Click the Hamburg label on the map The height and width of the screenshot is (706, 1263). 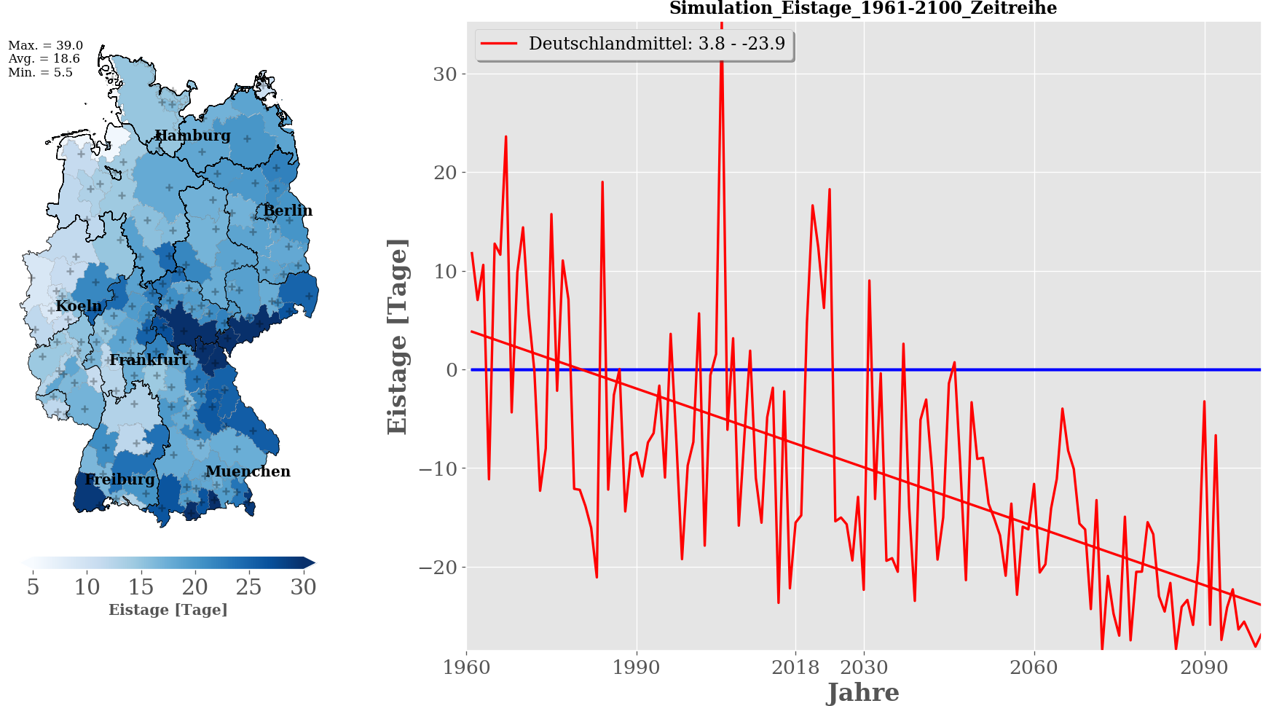click(x=193, y=136)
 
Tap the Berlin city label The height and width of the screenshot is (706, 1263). click(x=288, y=211)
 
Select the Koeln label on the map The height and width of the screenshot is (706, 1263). click(x=79, y=306)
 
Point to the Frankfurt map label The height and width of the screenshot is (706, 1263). click(x=149, y=360)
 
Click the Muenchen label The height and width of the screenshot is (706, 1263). click(x=248, y=471)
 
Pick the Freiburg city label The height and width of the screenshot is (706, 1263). click(x=119, y=479)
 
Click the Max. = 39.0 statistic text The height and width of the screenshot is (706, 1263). click(x=46, y=45)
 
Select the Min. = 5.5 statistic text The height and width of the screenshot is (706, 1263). click(x=41, y=72)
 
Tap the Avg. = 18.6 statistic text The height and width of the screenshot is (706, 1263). click(x=44, y=59)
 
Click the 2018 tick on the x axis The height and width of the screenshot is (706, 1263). click(x=795, y=667)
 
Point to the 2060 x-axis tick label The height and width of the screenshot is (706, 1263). click(x=1034, y=667)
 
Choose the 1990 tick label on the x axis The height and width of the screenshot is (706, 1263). click(x=637, y=667)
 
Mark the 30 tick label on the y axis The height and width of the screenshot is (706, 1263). click(x=444, y=74)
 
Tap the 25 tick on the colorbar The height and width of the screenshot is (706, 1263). click(x=248, y=587)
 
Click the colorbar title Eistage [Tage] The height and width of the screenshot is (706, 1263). click(x=168, y=610)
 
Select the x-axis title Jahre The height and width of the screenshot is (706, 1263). click(x=863, y=692)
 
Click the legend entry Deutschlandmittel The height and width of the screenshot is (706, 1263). click(x=656, y=44)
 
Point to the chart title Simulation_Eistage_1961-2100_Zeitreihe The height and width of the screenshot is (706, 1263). click(x=863, y=9)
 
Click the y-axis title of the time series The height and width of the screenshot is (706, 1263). click(x=398, y=337)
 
